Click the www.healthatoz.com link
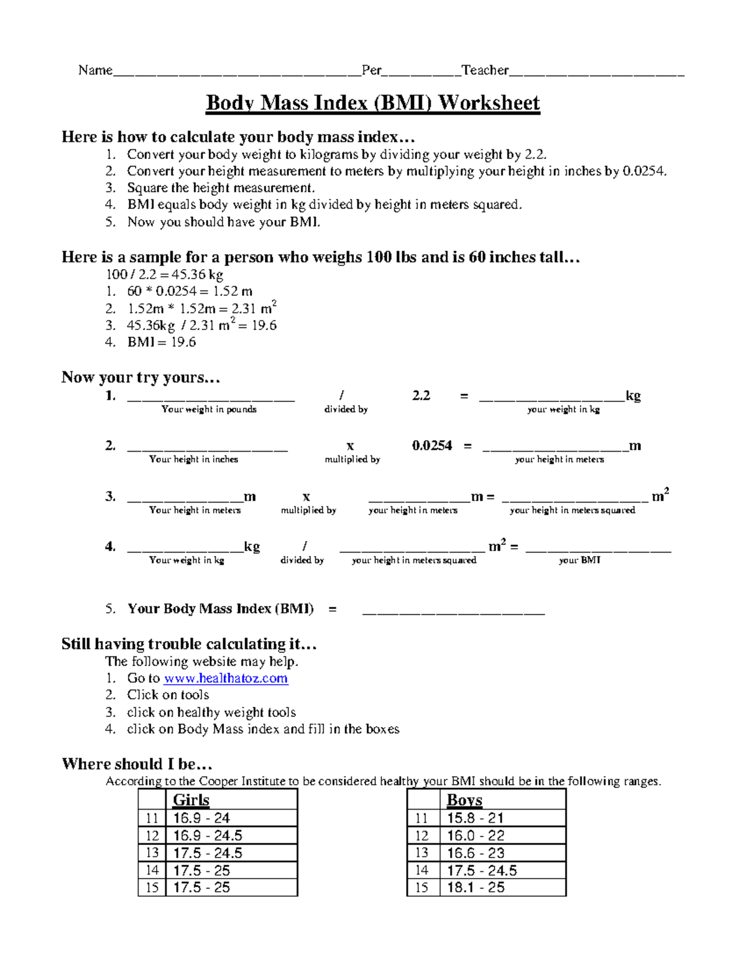(225, 678)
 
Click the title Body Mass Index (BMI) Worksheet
(372, 103)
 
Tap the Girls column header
(191, 800)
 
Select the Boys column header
(464, 800)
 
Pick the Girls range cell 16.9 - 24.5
(208, 835)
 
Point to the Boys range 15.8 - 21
(475, 818)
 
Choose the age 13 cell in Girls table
(152, 853)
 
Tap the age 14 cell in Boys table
(421, 870)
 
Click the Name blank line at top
(236, 71)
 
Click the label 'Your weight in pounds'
(209, 409)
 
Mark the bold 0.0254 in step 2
(431, 446)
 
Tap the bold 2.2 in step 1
(421, 395)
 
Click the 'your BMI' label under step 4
(579, 560)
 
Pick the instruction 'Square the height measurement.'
(221, 188)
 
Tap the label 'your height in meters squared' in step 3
(572, 510)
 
